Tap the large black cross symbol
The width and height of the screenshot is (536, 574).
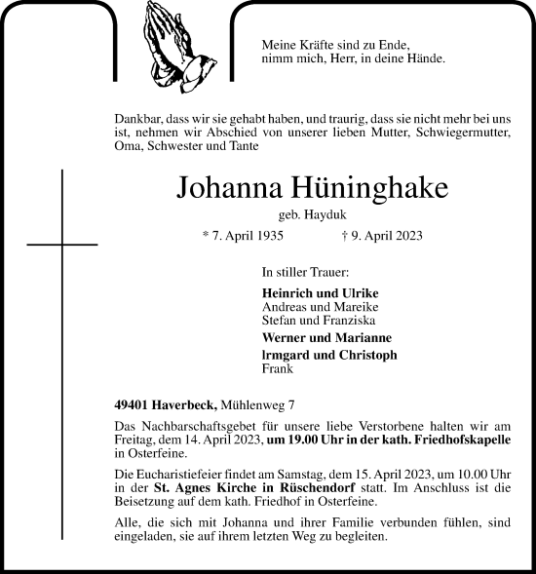pos(61,245)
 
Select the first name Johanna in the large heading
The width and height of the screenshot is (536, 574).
pos(223,188)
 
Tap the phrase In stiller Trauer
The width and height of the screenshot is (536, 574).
pos(306,274)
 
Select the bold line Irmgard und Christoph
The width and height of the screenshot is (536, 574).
pos(329,356)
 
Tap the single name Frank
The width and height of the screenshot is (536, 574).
pos(278,369)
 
